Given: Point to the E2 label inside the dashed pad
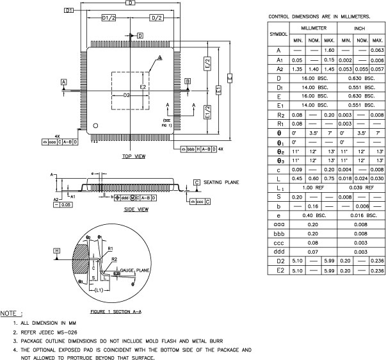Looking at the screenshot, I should [143, 85].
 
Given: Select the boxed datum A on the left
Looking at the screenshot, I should [63, 82].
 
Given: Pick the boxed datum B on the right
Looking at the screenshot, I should [187, 81].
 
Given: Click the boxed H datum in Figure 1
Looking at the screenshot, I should [57, 250].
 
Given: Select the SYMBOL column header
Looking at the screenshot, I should [278, 33].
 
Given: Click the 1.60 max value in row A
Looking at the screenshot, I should [330, 49].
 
